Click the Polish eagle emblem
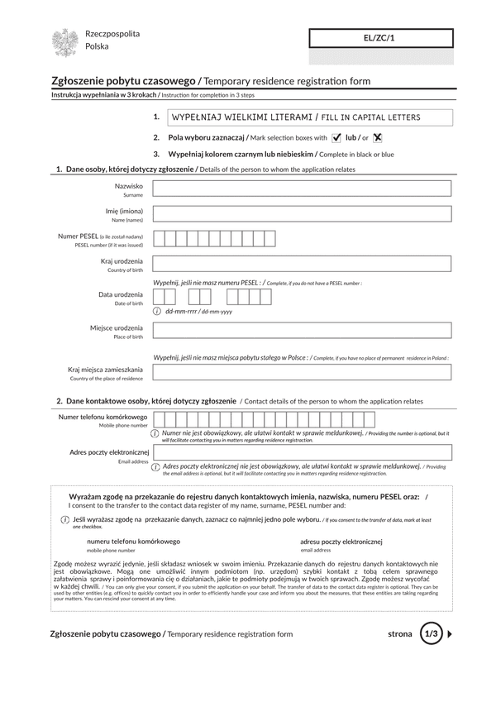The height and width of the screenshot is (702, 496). (64, 42)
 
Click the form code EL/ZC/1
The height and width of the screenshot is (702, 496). (381, 38)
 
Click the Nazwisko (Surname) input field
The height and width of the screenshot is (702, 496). (302, 189)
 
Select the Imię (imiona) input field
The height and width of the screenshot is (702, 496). (302, 214)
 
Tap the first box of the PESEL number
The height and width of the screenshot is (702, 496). (159, 240)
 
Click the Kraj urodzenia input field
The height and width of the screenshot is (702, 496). (302, 265)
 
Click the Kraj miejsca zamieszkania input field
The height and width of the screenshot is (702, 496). (302, 372)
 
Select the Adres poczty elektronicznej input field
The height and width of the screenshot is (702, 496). (302, 452)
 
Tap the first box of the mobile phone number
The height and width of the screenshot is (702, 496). (159, 419)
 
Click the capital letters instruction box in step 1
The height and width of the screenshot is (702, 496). (302, 117)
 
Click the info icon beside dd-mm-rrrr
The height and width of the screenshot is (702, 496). (157, 312)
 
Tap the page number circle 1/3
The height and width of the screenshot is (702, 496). (431, 634)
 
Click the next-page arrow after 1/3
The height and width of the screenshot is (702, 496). (451, 634)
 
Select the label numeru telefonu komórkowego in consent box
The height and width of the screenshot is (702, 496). (133, 542)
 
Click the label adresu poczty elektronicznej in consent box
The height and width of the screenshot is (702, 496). (341, 542)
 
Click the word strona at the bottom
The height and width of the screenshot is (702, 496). (399, 634)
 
